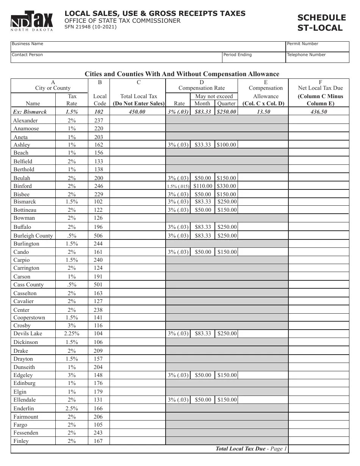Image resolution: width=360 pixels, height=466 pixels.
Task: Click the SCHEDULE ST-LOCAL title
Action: tap(321, 23)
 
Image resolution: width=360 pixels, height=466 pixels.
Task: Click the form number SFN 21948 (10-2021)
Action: tap(91, 27)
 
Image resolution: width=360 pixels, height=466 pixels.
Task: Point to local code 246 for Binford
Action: tap(99, 186)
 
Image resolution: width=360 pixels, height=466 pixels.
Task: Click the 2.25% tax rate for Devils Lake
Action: tap(72, 333)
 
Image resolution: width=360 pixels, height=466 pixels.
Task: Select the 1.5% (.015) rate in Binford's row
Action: tap(178, 186)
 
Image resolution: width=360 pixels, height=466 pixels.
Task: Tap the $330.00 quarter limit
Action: tap(227, 186)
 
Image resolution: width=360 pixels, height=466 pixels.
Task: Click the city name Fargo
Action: tap(20, 425)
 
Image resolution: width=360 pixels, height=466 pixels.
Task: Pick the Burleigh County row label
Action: tap(33, 236)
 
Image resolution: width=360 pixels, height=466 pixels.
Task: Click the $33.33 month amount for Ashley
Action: tap(203, 145)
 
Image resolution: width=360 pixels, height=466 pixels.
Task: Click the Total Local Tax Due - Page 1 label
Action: tap(251, 449)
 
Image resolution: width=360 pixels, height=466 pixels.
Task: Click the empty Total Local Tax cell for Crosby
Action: tap(138, 325)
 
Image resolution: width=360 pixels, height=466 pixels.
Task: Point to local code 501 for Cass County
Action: tap(99, 285)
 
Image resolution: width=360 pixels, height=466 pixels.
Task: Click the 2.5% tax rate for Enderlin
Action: tap(72, 408)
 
